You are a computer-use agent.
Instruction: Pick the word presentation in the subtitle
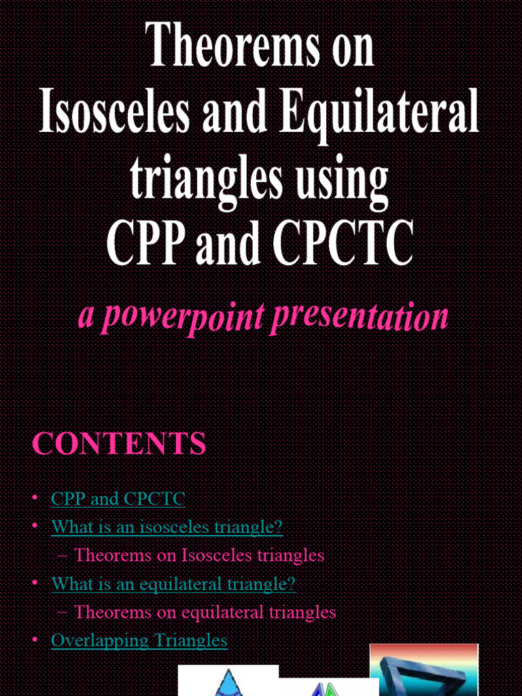[x=359, y=317]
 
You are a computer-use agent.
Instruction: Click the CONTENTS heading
[x=119, y=444]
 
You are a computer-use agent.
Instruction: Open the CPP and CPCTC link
[x=118, y=499]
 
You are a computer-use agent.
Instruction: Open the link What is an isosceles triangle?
[x=167, y=527]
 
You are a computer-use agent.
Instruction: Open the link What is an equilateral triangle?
[x=173, y=583]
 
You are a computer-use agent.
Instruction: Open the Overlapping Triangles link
[x=139, y=640]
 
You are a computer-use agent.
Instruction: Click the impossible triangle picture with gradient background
[x=423, y=669]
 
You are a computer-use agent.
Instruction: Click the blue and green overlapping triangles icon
[x=326, y=688]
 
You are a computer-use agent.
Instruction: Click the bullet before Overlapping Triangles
[x=35, y=640]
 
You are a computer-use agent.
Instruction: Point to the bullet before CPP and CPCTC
[x=35, y=499]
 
